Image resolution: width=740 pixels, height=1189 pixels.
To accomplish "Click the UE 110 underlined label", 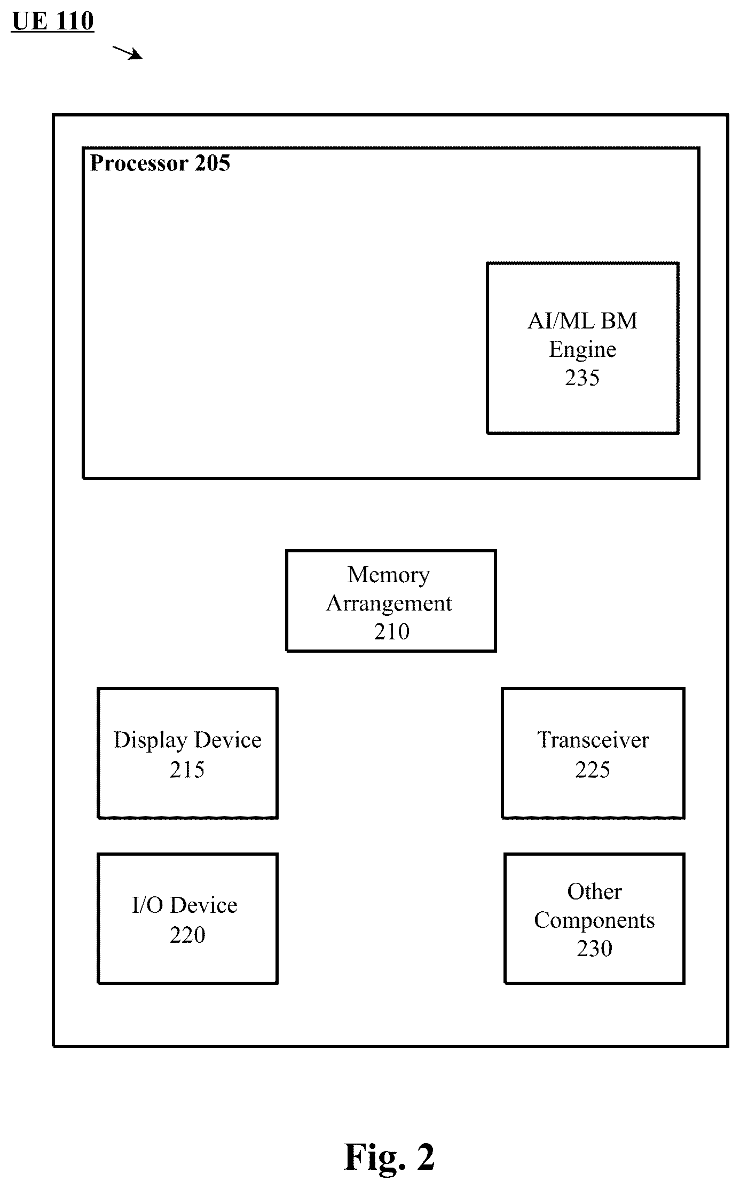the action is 52,21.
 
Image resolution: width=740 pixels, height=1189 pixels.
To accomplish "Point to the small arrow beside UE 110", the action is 127,52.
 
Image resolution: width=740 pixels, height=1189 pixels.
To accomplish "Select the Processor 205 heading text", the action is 160,163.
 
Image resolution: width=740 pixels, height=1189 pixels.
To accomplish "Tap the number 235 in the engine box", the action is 582,378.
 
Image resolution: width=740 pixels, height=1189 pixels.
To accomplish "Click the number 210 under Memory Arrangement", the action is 391,631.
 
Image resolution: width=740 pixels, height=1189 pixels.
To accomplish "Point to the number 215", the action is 187,770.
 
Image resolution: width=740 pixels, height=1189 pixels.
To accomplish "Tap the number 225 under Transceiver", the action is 593,770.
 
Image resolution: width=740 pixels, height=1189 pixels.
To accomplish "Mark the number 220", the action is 187,935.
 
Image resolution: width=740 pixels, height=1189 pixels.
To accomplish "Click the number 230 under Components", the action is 594,949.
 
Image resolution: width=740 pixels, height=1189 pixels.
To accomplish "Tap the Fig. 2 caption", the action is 389,1157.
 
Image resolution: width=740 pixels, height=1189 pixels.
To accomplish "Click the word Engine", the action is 582,350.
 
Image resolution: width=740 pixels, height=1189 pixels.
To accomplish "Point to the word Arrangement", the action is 389,604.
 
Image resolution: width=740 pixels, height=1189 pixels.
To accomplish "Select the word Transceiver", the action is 593,740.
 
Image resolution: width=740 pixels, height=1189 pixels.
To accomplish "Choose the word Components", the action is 594,921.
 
